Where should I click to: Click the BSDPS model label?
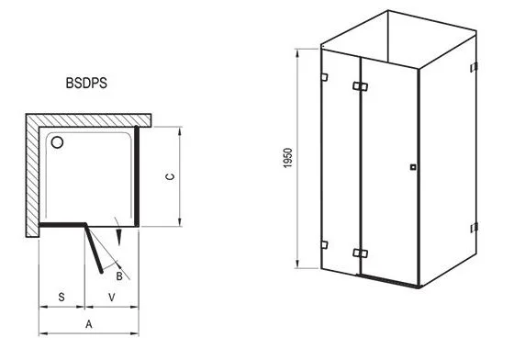pos(86,83)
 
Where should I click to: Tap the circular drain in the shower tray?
pos(57,142)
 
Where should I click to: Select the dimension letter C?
pos(170,176)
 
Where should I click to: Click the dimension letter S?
pos(61,297)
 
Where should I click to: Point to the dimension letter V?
pos(112,297)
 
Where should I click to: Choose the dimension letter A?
pos(89,324)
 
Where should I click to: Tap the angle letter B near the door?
pos(119,276)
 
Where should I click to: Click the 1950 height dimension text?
pos(287,158)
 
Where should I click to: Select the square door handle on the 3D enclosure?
pos(413,167)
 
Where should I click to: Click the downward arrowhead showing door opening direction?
pos(119,237)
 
